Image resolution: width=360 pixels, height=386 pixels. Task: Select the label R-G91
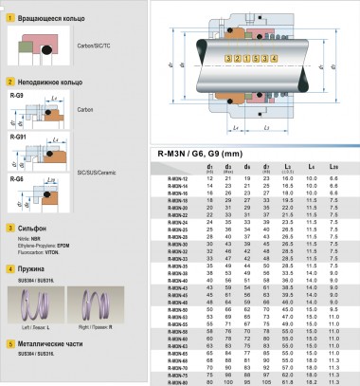point(16,138)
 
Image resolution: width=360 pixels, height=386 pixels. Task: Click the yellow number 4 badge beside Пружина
point(9,269)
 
